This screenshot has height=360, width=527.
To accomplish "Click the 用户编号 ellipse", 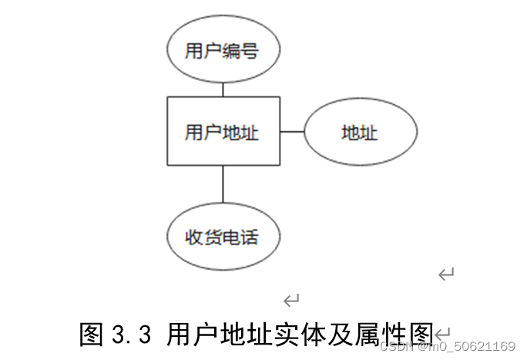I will [x=223, y=52].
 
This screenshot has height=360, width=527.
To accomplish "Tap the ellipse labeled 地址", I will [x=361, y=133].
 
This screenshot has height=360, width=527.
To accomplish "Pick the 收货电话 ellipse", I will [x=223, y=237].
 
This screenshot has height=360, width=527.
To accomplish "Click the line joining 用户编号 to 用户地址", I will [x=223, y=89].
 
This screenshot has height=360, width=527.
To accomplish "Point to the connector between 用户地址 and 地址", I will [x=292, y=132].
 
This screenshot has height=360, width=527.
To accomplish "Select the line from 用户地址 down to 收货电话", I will [x=223, y=183].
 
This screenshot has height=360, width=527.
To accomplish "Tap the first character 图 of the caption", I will [x=92, y=335].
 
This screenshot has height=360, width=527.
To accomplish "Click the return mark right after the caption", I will [x=442, y=334].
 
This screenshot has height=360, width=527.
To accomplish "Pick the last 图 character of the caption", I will [x=420, y=335].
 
